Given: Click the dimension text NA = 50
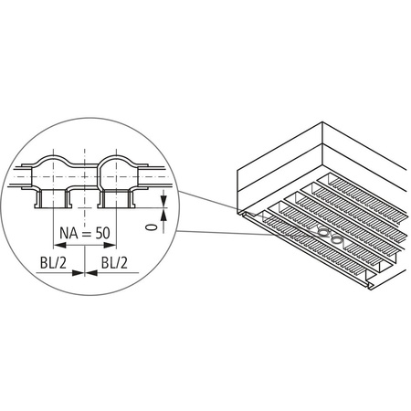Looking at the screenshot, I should [x=84, y=233].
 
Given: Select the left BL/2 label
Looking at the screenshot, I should [x=53, y=262].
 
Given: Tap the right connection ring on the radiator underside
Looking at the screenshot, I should [x=338, y=240].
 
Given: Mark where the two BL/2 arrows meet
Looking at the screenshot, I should [x=84, y=272].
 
